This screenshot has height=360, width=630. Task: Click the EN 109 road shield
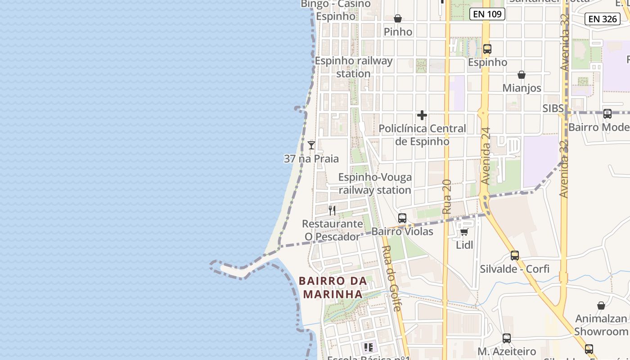click(487, 14)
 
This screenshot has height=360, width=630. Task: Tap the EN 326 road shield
click(603, 18)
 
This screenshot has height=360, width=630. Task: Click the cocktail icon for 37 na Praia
click(311, 145)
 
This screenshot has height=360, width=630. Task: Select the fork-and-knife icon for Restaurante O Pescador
click(332, 210)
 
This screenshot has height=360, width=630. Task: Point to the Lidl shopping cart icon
click(464, 232)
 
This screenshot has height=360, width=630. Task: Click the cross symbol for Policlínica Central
click(422, 115)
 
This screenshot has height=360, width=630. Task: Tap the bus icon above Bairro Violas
click(402, 218)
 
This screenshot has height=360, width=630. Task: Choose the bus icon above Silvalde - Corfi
click(515, 256)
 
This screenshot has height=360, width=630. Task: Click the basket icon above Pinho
click(398, 18)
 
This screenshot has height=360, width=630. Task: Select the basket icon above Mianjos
click(522, 74)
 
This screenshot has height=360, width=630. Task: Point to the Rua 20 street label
click(446, 196)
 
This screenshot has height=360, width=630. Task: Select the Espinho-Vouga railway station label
click(375, 184)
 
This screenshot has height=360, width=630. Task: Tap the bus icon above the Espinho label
click(487, 49)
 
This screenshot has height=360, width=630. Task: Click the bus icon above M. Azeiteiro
click(507, 338)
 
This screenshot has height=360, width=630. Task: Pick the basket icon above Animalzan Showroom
click(601, 306)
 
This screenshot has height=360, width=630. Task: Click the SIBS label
click(553, 108)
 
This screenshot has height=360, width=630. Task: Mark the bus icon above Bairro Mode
click(607, 114)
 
